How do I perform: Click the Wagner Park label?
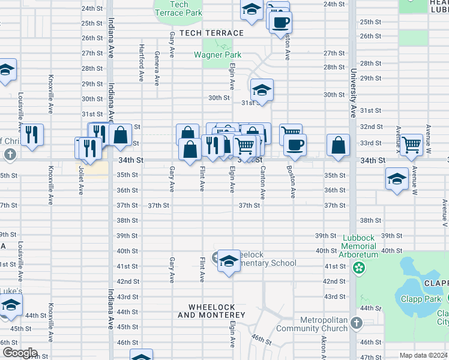tap(217, 55)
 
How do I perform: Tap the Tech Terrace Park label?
tap(178, 8)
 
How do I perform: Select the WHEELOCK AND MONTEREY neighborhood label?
tap(211, 311)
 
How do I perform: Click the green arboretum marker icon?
tap(360, 268)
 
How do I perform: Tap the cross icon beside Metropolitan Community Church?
tap(356, 324)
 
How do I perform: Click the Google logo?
tap(20, 353)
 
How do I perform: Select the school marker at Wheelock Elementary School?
tap(228, 261)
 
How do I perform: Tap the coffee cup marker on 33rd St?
tap(295, 145)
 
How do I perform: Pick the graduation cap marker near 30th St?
tap(262, 90)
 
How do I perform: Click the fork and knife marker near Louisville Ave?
tap(32, 134)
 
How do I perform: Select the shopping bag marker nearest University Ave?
tap(339, 145)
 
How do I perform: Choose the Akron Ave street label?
tap(324, 347)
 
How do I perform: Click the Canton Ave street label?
tap(263, 182)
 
